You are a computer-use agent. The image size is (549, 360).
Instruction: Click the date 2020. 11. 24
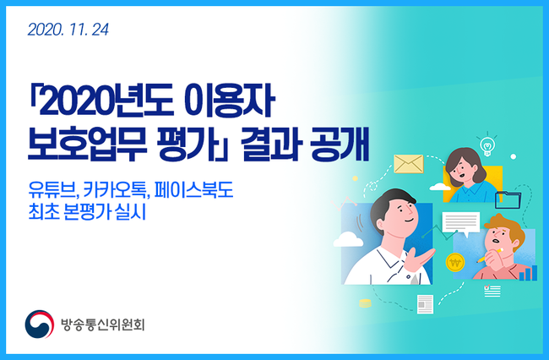tap(68, 30)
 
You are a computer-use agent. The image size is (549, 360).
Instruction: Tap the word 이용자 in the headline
tap(229, 101)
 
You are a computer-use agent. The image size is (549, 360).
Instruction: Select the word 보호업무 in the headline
tap(87, 145)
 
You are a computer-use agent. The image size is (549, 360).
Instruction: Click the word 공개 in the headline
tap(340, 145)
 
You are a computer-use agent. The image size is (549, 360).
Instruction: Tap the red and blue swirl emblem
tap(39, 325)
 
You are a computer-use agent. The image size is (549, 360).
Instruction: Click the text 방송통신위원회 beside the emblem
tap(102, 325)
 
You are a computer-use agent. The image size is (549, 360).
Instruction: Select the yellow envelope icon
tap(409, 164)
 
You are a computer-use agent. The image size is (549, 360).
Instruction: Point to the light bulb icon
tap(486, 144)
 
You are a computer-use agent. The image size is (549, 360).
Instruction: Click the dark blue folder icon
tap(508, 200)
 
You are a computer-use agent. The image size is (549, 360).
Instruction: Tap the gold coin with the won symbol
tap(455, 262)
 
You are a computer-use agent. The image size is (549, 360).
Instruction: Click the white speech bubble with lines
tap(461, 223)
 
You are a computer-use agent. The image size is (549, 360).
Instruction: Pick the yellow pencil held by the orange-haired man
tap(490, 256)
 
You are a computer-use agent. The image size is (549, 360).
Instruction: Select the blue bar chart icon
tap(529, 273)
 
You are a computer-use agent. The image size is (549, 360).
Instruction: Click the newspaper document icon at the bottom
tap(425, 304)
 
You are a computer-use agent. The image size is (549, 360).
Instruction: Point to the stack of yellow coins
tap(365, 303)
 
